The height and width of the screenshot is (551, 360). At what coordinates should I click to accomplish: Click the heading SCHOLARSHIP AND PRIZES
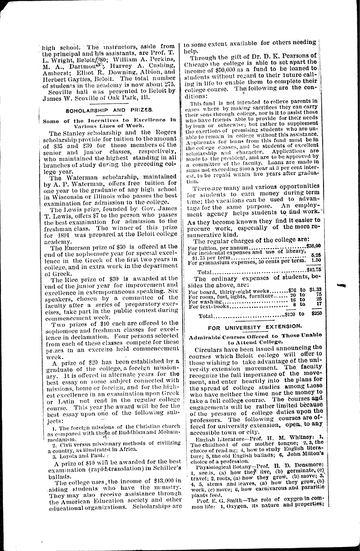click(x=110, y=109)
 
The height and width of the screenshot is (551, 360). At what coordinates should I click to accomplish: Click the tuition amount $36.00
click(x=313, y=246)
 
